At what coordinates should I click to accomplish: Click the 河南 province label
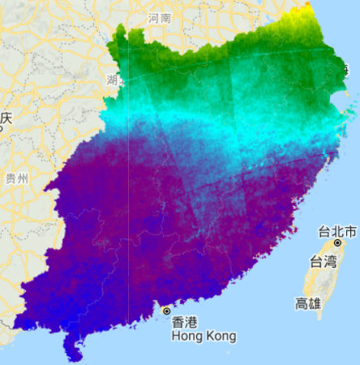pyautogui.click(x=160, y=18)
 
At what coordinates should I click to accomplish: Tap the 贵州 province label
pyautogui.click(x=16, y=178)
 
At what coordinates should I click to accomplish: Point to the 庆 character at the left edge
pyautogui.click(x=6, y=118)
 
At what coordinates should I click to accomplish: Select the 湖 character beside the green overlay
pyautogui.click(x=112, y=79)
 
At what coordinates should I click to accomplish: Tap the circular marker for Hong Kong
pyautogui.click(x=167, y=311)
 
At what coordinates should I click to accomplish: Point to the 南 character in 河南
pyautogui.click(x=166, y=18)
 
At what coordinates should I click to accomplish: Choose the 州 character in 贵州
pyautogui.click(x=23, y=178)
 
